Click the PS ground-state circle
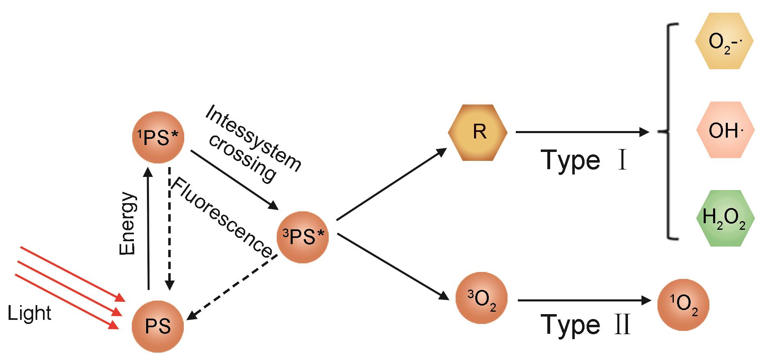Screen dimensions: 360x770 click(x=158, y=327)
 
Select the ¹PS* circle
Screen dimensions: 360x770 click(x=158, y=138)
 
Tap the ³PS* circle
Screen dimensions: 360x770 click(x=303, y=237)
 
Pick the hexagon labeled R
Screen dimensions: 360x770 click(x=478, y=132)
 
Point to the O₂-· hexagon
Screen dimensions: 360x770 click(x=724, y=41)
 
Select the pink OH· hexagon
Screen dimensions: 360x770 click(x=725, y=130)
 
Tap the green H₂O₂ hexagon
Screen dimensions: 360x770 click(x=725, y=218)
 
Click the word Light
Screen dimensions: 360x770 click(x=29, y=314)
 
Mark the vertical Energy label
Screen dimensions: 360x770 click(x=127, y=224)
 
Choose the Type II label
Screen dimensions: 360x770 click(x=585, y=324)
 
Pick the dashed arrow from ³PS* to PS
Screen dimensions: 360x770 click(x=233, y=287)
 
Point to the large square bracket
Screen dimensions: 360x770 click(x=670, y=131)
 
